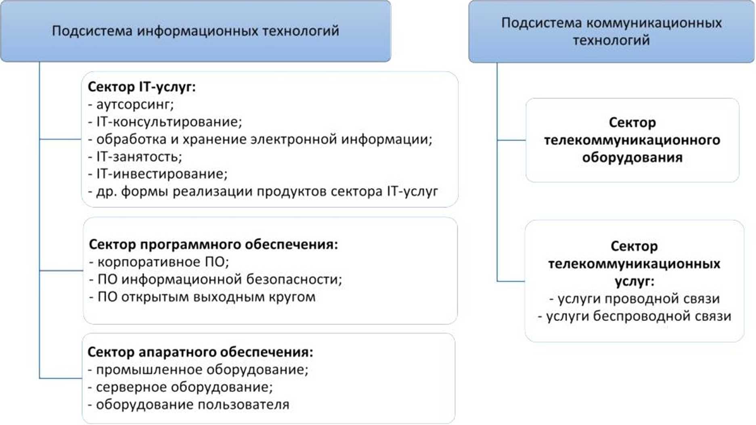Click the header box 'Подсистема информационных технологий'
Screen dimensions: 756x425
(x=195, y=31)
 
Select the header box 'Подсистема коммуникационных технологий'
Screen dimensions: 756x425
(x=611, y=31)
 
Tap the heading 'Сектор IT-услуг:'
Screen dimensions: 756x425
(x=142, y=87)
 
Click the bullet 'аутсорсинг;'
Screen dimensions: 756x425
(x=131, y=105)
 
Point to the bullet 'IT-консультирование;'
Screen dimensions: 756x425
(x=165, y=122)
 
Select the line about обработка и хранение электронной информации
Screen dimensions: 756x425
(x=260, y=139)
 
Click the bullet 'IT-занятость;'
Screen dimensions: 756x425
(x=135, y=157)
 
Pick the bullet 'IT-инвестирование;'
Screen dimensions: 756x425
(x=158, y=174)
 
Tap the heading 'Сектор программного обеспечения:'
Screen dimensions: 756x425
(x=213, y=245)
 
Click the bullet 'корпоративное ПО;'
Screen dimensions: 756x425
(x=159, y=262)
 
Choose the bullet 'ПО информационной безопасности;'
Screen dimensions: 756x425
(x=216, y=279)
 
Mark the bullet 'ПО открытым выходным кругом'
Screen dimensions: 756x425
(x=203, y=297)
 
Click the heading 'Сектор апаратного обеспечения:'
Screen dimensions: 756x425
(x=200, y=352)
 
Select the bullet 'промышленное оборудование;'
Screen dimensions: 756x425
(x=198, y=370)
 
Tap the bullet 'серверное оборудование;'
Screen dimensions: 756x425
(x=180, y=387)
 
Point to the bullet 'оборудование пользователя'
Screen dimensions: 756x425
(x=188, y=404)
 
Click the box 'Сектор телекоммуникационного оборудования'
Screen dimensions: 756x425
(x=632, y=140)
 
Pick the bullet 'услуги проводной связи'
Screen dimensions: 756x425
(x=635, y=299)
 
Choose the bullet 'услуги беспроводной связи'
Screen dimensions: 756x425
(x=635, y=316)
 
